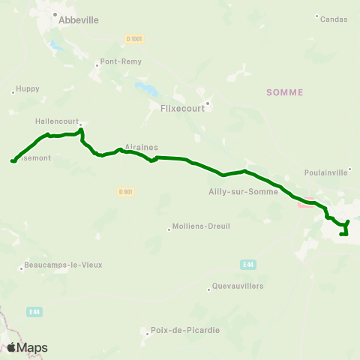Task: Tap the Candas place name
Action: tap(334, 19)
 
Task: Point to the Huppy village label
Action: tap(28, 88)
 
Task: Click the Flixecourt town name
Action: tap(183, 107)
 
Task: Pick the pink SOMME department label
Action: tap(285, 92)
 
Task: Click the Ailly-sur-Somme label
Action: tap(244, 191)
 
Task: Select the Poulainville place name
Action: tap(327, 172)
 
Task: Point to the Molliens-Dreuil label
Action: tap(202, 226)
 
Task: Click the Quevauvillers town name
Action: tap(238, 286)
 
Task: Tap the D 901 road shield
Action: tap(125, 191)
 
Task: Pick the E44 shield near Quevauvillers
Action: tap(248, 264)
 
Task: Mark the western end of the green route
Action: tap(12, 160)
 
